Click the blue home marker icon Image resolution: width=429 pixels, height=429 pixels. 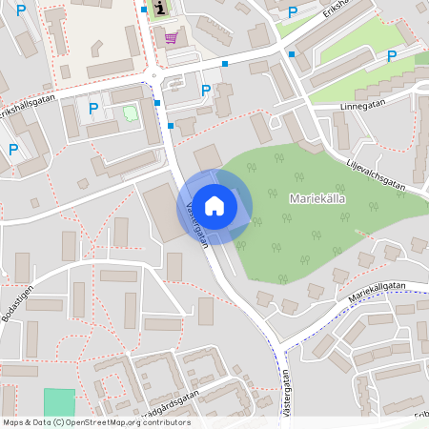point(214,204)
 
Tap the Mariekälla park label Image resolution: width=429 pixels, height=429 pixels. point(317,198)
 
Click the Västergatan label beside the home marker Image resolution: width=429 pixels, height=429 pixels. point(197,224)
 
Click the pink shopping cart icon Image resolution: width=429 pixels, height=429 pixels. point(171,37)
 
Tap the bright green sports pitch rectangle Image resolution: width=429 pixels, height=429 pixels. point(59,401)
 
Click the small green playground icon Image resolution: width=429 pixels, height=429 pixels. point(130,113)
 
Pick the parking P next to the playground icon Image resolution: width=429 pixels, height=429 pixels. point(92,109)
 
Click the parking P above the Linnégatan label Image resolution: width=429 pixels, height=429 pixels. point(392,55)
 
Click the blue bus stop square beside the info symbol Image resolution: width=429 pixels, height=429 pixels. point(144,10)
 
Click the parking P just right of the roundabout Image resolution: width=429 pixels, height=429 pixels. point(206,91)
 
